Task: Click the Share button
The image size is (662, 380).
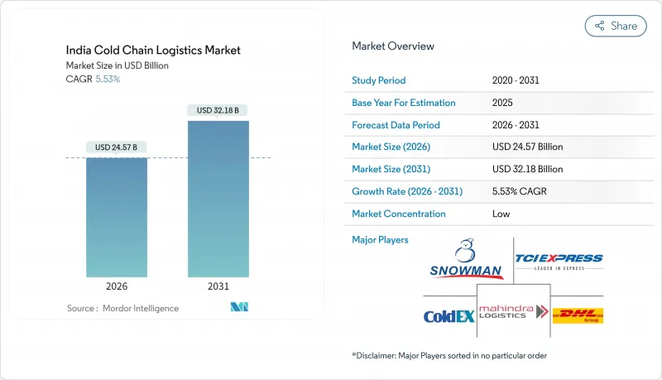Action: tap(615, 26)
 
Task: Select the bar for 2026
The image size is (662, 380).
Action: tap(117, 217)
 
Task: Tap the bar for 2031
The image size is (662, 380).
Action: tap(218, 199)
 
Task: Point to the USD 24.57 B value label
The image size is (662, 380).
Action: tap(117, 147)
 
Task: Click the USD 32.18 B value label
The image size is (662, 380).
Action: tap(218, 110)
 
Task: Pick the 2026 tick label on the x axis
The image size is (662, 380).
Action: tap(117, 286)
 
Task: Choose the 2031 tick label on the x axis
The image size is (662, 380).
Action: tap(218, 286)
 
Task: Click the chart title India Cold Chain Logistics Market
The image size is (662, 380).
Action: tap(153, 51)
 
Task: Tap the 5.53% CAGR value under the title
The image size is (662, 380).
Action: tap(107, 79)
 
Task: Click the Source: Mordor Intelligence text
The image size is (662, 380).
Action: tap(122, 308)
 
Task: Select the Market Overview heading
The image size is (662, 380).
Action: tap(393, 46)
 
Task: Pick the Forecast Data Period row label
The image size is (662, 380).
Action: tap(396, 125)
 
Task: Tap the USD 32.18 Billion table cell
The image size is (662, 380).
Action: tap(527, 169)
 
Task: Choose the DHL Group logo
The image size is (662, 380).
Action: tap(577, 315)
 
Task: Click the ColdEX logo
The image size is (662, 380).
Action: tap(448, 315)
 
